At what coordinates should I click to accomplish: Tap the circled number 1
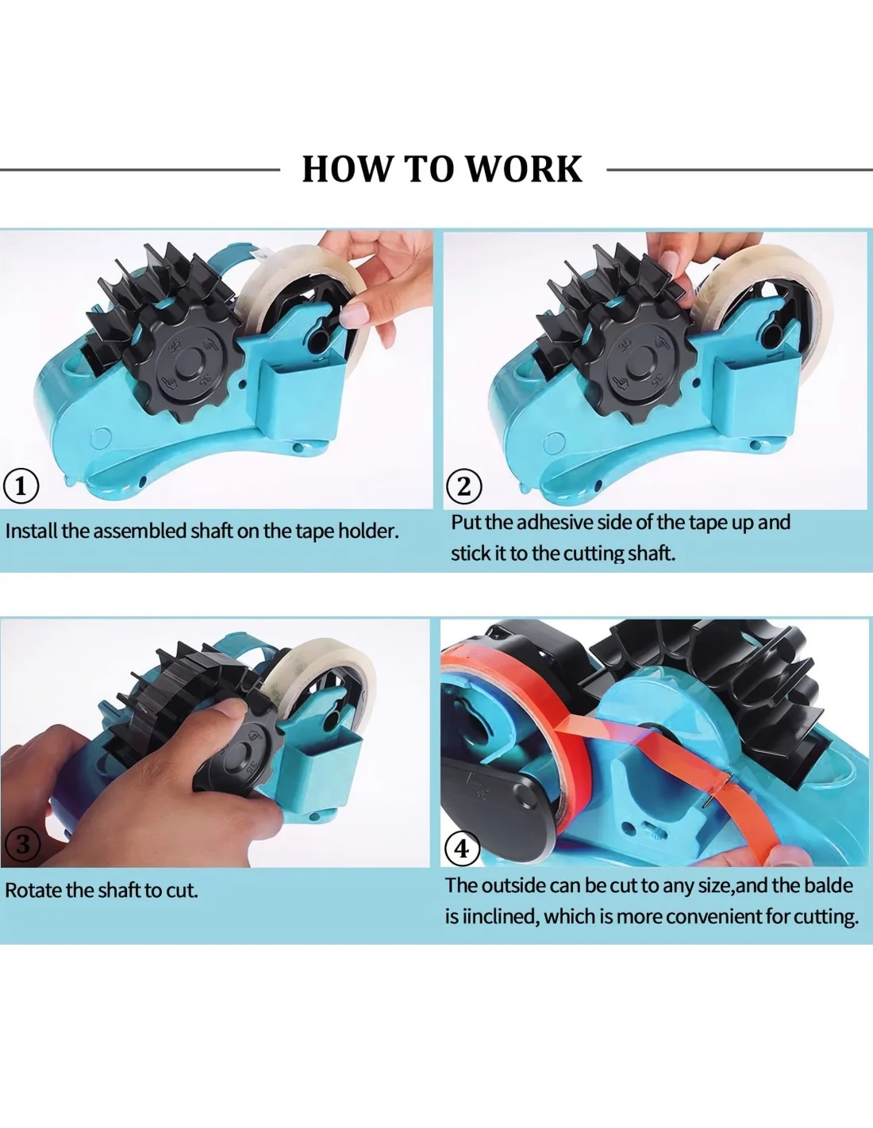[21, 486]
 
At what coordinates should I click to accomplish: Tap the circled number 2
[464, 486]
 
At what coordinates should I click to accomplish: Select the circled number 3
[21, 845]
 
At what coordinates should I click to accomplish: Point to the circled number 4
[462, 849]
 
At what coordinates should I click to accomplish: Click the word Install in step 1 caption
[32, 531]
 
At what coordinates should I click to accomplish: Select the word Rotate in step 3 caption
[34, 890]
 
